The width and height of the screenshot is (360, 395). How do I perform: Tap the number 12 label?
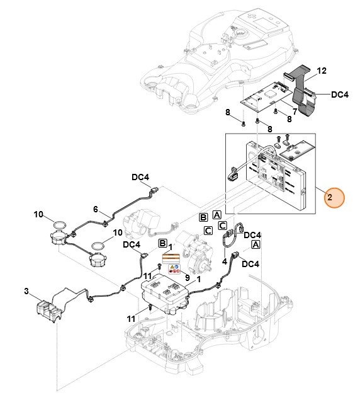[x=321, y=72]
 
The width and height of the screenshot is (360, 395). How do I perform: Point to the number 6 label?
[x=96, y=210]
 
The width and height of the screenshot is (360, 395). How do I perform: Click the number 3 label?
[x=26, y=291]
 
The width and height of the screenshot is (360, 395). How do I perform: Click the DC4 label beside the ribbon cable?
[x=339, y=94]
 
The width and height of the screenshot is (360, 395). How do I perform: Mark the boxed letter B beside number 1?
[x=162, y=243]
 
